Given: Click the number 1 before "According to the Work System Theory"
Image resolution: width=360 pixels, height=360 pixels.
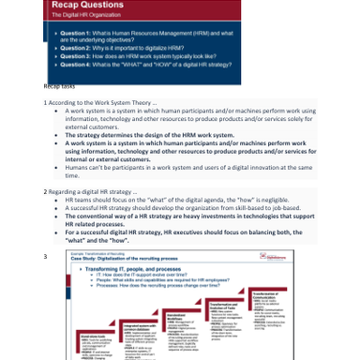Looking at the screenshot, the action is (45, 101).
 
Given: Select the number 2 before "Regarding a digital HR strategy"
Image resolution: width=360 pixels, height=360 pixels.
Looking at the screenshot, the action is (45, 190).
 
